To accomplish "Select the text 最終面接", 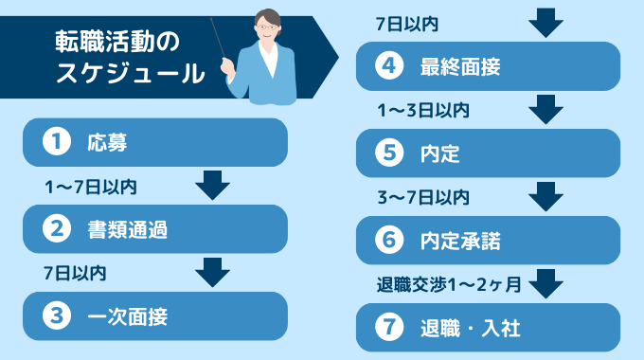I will (460, 66).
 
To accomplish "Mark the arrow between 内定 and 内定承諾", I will (546, 196).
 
